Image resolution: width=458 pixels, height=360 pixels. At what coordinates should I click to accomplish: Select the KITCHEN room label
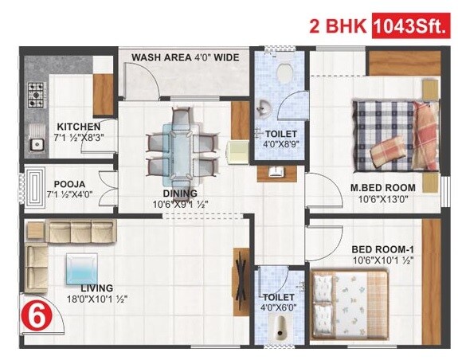(78, 127)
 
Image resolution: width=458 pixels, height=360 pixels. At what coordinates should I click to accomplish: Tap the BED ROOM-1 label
(385, 249)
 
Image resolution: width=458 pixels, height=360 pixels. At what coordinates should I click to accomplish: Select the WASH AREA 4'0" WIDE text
(185, 57)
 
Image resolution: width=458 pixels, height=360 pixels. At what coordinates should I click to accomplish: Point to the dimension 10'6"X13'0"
(382, 200)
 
